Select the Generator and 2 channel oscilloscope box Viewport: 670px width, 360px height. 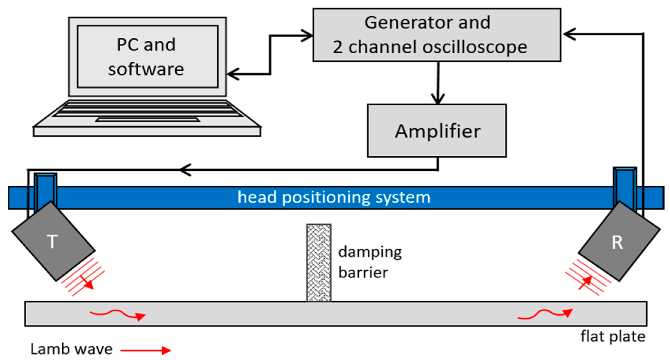pos(436,35)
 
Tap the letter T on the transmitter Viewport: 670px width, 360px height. pos(52,241)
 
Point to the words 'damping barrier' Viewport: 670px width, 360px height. pos(369,262)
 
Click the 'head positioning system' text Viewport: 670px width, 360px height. pos(334,197)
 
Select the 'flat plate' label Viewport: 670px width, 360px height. pos(613,336)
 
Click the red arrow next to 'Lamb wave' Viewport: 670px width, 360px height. pos(146,350)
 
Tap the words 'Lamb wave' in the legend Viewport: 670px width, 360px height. pos(71,349)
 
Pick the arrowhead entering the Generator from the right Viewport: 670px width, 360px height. pos(569,34)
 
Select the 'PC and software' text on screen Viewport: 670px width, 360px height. pos(146,57)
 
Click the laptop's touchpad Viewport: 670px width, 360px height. pos(147,120)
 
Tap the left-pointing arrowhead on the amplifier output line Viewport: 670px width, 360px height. pos(185,170)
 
